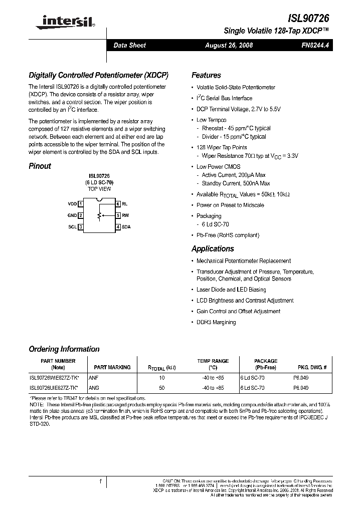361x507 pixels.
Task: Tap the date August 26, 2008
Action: (229, 45)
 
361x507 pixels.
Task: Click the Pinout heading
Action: (40, 166)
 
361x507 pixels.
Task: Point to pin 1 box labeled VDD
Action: (80, 204)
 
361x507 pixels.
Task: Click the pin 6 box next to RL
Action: (118, 204)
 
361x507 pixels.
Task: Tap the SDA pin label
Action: (126, 227)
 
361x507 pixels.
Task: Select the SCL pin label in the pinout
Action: (72, 227)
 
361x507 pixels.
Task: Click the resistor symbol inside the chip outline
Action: (99, 215)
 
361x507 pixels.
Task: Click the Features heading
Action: (206, 75)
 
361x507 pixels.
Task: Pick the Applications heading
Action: (213, 248)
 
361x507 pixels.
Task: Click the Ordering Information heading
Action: (64, 349)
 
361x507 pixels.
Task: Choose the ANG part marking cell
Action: (94, 388)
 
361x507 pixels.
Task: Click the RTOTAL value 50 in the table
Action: (161, 388)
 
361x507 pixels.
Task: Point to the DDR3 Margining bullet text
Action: (216, 322)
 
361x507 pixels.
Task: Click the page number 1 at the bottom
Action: (101, 482)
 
